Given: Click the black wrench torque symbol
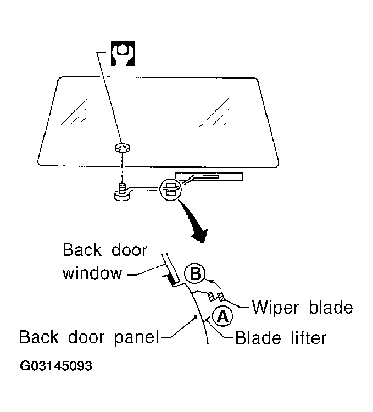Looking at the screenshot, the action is pos(123,53).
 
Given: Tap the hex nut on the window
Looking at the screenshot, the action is pos(123,148).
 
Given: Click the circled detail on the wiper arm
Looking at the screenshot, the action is pos(171,189).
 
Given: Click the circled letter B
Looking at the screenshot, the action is pos(194,273).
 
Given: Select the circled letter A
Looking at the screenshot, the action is pos(222,316).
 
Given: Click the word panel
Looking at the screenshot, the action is pos(137,338).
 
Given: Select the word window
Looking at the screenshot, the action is pos(92,273).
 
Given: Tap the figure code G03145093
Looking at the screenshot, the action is pos(56,366).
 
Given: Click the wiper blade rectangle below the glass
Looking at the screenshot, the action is pos(209,176).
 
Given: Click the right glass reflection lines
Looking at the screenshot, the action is pos(214,112).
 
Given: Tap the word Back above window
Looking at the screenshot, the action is pos(82,250).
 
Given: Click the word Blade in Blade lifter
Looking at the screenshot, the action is pos(258,337).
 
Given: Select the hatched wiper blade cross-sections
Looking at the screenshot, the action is pos(216,297).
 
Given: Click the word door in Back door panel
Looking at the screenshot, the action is pos(86,337).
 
